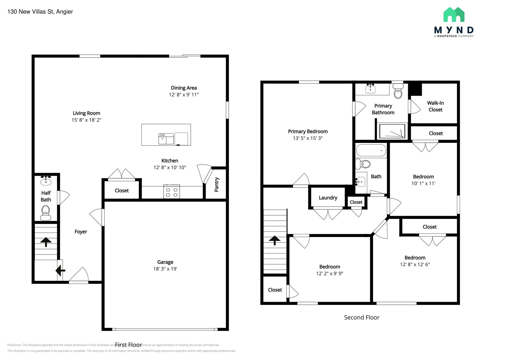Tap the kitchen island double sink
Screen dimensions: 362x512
tap(166, 139)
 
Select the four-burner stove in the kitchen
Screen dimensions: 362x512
tap(172, 192)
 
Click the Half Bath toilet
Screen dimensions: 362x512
tap(46, 213)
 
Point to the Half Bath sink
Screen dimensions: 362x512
tap(46, 181)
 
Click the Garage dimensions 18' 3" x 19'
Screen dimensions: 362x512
tap(165, 269)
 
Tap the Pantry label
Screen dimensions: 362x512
tap(216, 184)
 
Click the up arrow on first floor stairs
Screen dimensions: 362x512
tap(46, 242)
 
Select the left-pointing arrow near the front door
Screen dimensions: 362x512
tap(60, 270)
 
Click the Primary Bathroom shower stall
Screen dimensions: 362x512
tap(392, 131)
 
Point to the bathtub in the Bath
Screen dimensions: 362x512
tap(371, 150)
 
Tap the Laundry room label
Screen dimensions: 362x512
tap(328, 198)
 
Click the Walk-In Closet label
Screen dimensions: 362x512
tap(435, 106)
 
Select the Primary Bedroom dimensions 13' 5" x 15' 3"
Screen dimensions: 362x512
tap(308, 138)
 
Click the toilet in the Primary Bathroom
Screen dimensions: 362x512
tap(398, 91)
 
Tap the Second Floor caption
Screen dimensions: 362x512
tap(361, 317)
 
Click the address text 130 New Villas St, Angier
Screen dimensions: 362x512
tap(40, 12)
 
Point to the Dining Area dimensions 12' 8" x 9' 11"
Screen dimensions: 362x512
tap(184, 94)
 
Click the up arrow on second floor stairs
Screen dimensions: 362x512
tap(274, 240)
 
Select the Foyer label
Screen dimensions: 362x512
tap(81, 232)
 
